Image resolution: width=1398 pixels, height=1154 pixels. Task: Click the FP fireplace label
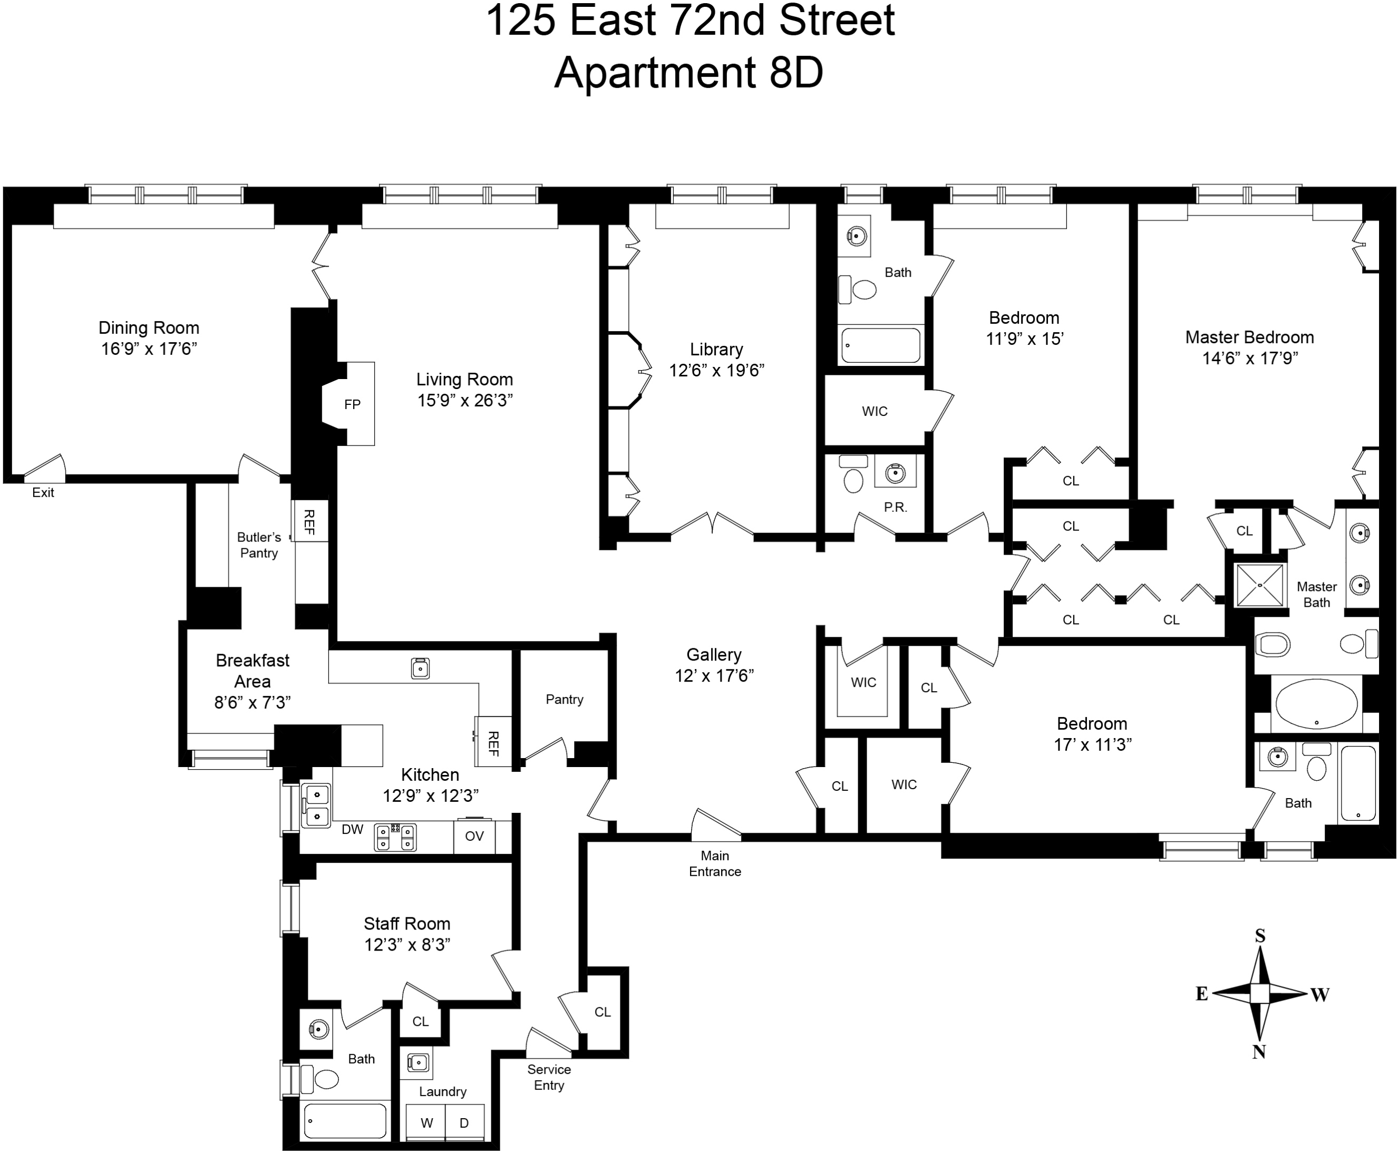click(x=352, y=404)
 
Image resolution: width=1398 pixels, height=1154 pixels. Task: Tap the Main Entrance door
click(x=716, y=825)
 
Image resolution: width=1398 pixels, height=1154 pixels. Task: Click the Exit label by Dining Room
click(x=43, y=492)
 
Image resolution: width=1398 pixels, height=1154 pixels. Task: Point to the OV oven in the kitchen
click(x=474, y=836)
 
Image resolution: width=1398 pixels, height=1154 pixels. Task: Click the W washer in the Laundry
click(x=427, y=1123)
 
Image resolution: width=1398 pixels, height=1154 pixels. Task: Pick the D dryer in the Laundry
click(x=464, y=1123)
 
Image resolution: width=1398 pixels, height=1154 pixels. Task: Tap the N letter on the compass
click(x=1258, y=1052)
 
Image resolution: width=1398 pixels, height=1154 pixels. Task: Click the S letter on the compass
click(x=1260, y=936)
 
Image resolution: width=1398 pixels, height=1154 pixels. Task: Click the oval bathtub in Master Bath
click(x=1316, y=704)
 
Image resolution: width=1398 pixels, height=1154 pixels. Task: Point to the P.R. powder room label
click(x=896, y=507)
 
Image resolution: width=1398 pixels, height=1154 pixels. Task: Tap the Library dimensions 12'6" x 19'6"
click(x=716, y=370)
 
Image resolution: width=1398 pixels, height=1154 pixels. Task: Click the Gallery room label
click(x=713, y=655)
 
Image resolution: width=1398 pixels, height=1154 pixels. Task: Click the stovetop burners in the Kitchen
click(x=395, y=837)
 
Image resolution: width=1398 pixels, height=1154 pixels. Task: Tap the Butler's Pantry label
click(x=259, y=545)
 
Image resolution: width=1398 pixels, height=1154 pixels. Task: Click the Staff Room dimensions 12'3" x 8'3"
click(x=407, y=945)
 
